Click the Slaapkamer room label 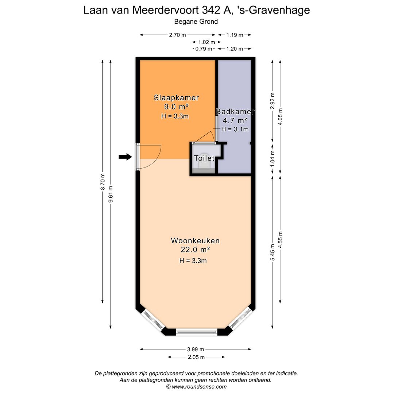[x=176, y=98]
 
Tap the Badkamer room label [x=235, y=112]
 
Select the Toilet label [x=204, y=158]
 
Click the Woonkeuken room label [x=195, y=241]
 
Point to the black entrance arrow [x=125, y=157]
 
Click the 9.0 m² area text [x=176, y=107]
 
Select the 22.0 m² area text [x=195, y=250]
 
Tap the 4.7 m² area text [x=235, y=120]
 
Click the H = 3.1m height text [x=235, y=129]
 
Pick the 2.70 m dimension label [x=177, y=35]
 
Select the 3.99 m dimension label [x=195, y=349]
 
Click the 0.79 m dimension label [x=204, y=49]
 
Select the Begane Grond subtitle [x=196, y=22]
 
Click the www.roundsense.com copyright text [x=199, y=387]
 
